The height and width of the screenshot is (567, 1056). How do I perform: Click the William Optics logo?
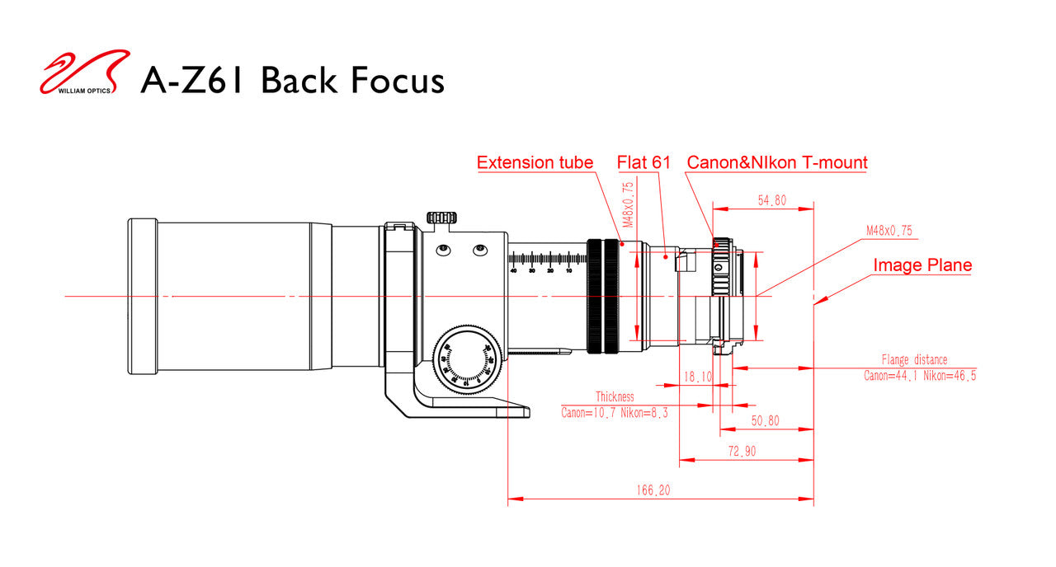[x=85, y=73]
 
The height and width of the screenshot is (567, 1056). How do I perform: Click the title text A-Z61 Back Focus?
[x=292, y=81]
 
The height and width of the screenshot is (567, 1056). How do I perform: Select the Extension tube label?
[x=535, y=162]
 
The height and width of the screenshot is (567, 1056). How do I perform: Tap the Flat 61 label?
[x=643, y=162]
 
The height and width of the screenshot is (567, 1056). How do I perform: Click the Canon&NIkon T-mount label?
[x=777, y=162]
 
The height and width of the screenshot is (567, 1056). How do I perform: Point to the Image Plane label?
[x=922, y=265]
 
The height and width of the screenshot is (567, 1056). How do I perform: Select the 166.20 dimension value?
[x=653, y=490]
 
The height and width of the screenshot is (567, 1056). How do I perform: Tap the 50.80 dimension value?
[x=765, y=420]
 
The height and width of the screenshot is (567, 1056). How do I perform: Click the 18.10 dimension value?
[x=698, y=376]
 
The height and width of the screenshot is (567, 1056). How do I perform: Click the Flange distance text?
[x=914, y=360]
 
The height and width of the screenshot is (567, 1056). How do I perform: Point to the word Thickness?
[x=615, y=397]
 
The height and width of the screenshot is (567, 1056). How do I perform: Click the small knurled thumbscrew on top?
[x=442, y=218]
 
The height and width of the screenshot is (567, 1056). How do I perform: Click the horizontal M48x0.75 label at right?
[x=889, y=231]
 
